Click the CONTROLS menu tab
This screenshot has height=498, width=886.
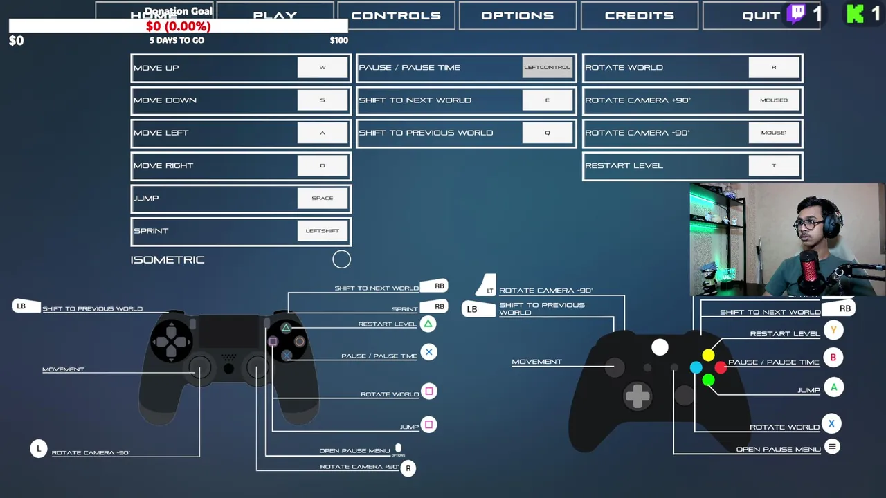tap(396, 15)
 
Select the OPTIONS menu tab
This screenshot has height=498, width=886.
tap(517, 15)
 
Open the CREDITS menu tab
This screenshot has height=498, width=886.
tap(639, 15)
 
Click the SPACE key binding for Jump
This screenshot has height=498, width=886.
tap(322, 199)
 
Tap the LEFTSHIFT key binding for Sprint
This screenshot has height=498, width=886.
tap(322, 231)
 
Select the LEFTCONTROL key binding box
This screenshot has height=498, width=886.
tap(547, 68)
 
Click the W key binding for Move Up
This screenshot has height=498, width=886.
tap(322, 68)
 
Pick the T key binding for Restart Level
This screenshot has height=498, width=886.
tap(773, 166)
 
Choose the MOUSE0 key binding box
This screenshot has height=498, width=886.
tap(773, 100)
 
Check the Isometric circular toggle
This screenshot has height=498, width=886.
tap(341, 259)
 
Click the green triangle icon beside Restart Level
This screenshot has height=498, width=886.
tap(428, 324)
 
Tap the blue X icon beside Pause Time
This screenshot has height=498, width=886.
tap(428, 352)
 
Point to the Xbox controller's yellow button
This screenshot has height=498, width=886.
tap(708, 355)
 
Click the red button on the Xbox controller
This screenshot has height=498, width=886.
tap(721, 367)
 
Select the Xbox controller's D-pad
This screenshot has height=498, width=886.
tap(637, 396)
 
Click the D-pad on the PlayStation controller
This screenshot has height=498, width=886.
tap(172, 341)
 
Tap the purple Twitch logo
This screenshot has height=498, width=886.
tap(797, 14)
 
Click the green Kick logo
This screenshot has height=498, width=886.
tap(856, 14)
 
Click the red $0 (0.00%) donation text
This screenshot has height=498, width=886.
tap(178, 26)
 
